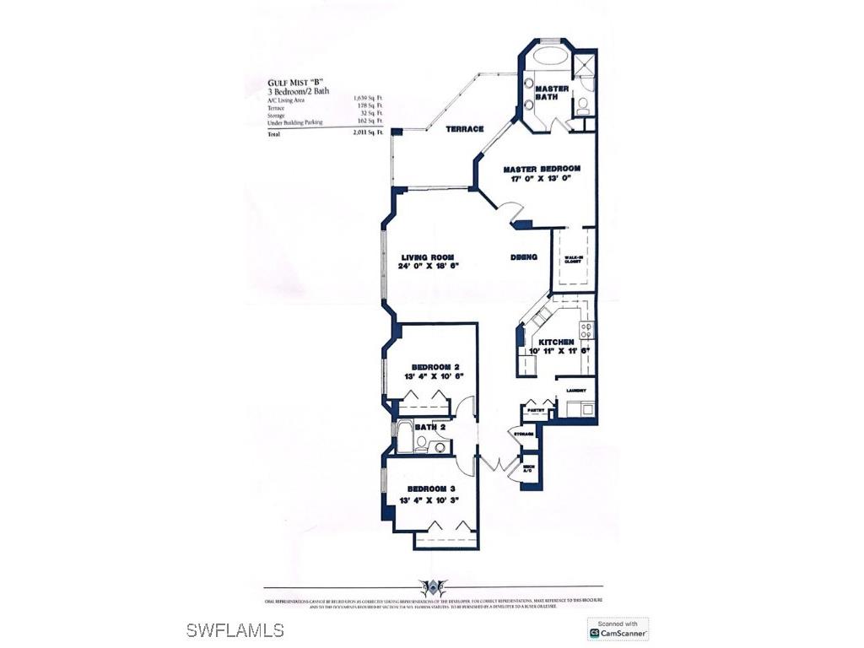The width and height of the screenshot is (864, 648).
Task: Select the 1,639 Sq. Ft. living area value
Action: [x=368, y=100]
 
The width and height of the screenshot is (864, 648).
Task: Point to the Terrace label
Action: [x=465, y=129]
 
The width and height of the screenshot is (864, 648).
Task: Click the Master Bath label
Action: [x=552, y=93]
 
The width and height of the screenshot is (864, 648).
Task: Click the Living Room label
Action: [x=429, y=257]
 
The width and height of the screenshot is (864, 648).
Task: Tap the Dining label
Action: [x=524, y=257]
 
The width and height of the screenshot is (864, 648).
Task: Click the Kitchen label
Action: [x=556, y=342]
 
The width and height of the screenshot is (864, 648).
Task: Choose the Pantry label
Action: [x=535, y=410]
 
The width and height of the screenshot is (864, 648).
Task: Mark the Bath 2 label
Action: [x=430, y=428]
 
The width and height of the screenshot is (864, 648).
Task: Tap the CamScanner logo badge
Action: [x=618, y=628]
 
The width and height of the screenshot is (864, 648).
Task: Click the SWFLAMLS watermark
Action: [x=235, y=630]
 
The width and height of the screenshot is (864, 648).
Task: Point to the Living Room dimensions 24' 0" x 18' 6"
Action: [x=429, y=267]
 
